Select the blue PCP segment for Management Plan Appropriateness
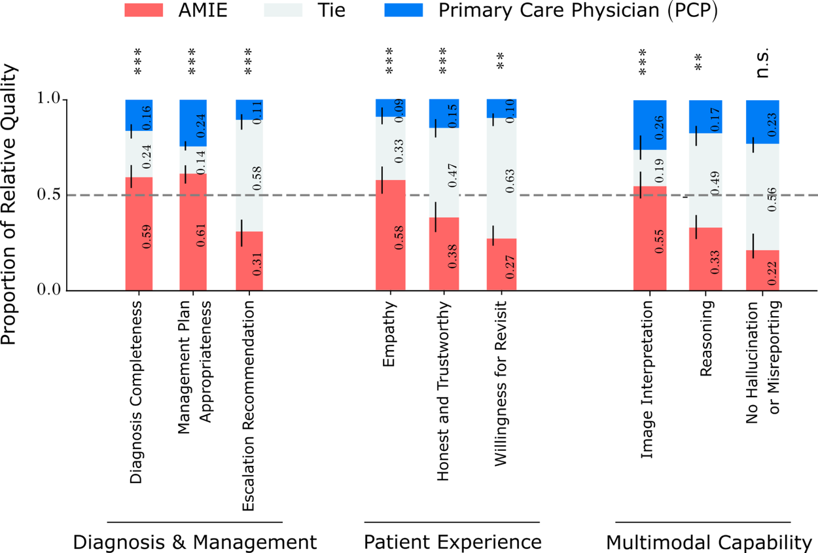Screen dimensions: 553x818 coord(193,122)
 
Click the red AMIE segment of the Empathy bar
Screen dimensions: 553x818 coord(390,235)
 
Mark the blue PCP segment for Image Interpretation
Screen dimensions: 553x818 coord(650,124)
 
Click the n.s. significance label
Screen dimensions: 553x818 coord(763,63)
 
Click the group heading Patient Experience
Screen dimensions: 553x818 coord(452,542)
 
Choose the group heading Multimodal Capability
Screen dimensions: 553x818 coord(709,542)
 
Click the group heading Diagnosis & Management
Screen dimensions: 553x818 coord(195,542)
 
